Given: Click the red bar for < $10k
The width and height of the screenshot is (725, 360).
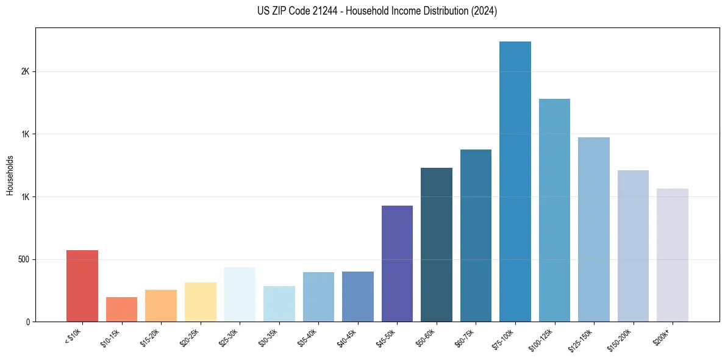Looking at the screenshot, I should coord(82,286).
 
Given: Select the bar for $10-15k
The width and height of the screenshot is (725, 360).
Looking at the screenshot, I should coord(121,309).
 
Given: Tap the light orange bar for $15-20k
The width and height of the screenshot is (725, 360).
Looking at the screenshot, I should coord(161,306).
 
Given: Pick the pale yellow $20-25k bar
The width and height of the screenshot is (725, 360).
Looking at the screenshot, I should coord(201,302).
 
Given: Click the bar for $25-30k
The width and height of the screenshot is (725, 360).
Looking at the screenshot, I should coord(240,294).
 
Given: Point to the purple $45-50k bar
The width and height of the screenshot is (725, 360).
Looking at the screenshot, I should coord(397,264).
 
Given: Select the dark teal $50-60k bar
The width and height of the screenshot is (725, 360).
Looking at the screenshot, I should coord(437,245).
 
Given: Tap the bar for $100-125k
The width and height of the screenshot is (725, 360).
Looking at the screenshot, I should coord(554,210).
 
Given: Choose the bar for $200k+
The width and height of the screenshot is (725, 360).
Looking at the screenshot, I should coord(673,255).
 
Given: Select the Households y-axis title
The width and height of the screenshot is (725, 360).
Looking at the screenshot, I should coord(10,175).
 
